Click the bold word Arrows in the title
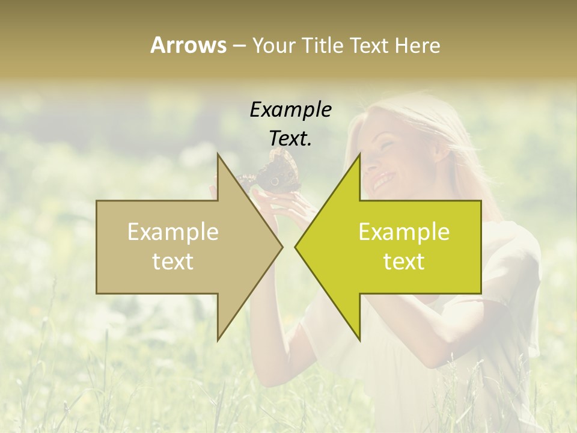pyautogui.click(x=188, y=45)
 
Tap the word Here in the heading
pyautogui.click(x=417, y=45)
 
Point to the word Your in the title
pyautogui.click(x=272, y=45)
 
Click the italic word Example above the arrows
pyautogui.click(x=290, y=109)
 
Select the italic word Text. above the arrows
pyautogui.click(x=290, y=138)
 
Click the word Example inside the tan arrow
pyautogui.click(x=173, y=232)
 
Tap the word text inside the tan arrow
pyautogui.click(x=173, y=261)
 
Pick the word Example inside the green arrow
pyautogui.click(x=404, y=232)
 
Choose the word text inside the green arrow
pyautogui.click(x=404, y=261)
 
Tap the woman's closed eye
pyautogui.click(x=385, y=144)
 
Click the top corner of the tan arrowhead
pyautogui.click(x=218, y=155)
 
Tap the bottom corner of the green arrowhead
pyautogui.click(x=359, y=340)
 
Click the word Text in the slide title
pyautogui.click(x=366, y=45)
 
